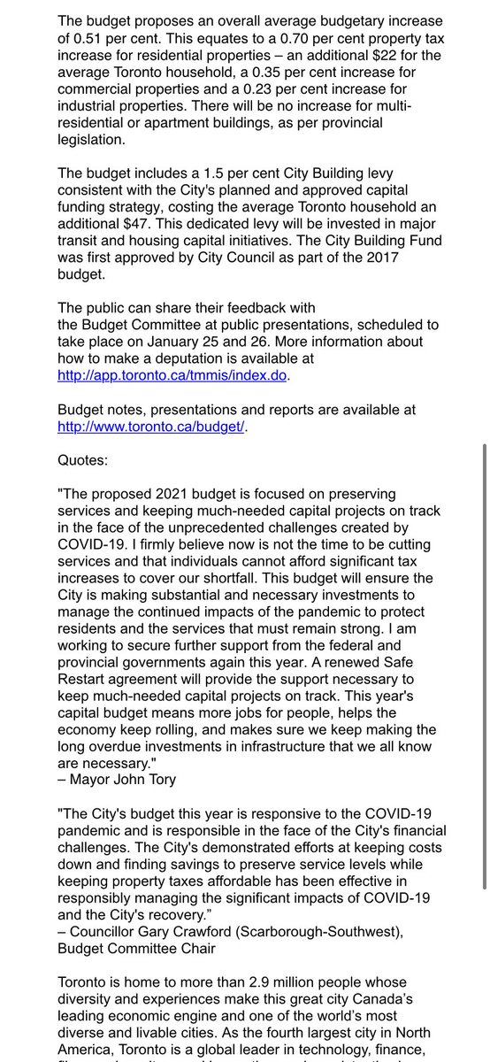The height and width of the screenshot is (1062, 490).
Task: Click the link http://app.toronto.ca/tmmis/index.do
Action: [172, 374]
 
